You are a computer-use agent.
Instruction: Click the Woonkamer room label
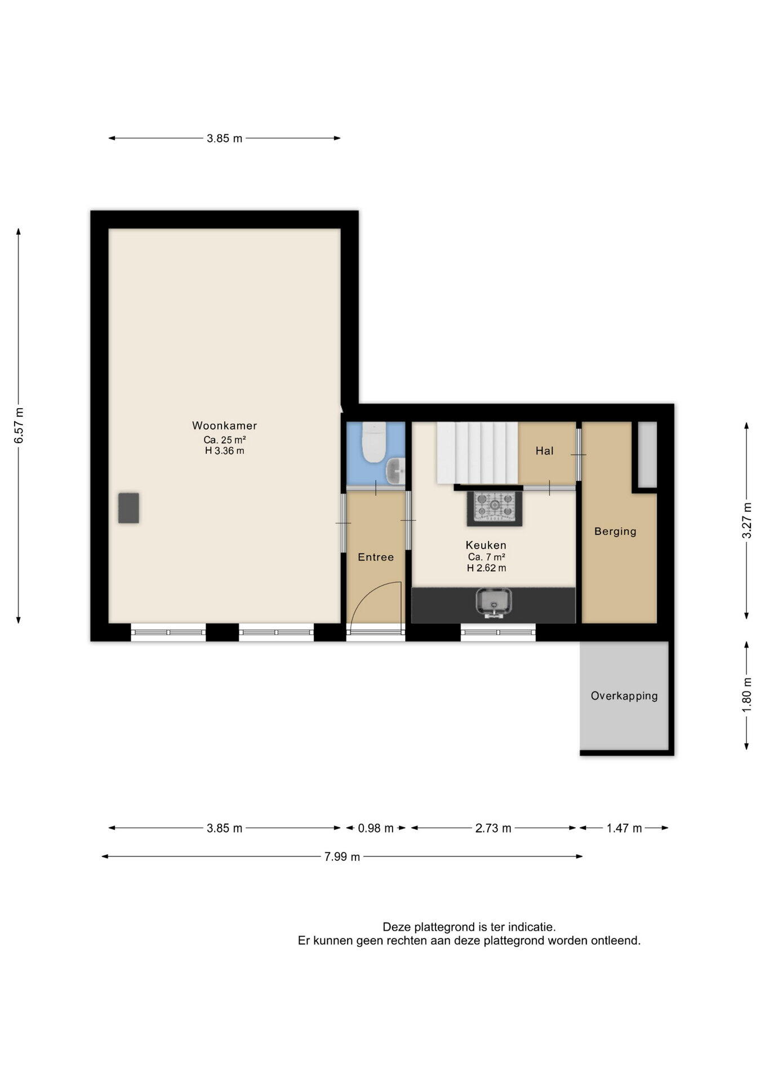[x=224, y=426]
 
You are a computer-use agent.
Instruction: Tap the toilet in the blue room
[x=373, y=443]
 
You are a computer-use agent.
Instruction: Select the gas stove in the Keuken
[x=494, y=506]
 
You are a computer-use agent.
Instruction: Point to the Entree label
[x=376, y=557]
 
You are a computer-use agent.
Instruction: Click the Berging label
[x=615, y=531]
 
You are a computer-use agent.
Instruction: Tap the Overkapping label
[x=624, y=696]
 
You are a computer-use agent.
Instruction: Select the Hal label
[x=545, y=450]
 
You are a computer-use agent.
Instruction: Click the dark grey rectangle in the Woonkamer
[x=128, y=508]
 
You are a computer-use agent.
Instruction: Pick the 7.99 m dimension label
[x=342, y=856]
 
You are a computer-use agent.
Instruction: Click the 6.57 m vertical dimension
[x=19, y=425]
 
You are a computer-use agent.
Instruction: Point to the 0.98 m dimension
[x=376, y=828]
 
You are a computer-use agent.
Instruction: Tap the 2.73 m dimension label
[x=493, y=828]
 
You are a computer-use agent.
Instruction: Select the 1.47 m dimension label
[x=624, y=828]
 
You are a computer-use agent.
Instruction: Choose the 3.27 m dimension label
[x=746, y=520]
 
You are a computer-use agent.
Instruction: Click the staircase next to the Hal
[x=477, y=453]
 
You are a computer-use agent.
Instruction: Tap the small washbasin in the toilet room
[x=396, y=471]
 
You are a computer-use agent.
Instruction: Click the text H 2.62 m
[x=486, y=568]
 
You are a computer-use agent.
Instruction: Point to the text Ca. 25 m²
[x=224, y=439]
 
